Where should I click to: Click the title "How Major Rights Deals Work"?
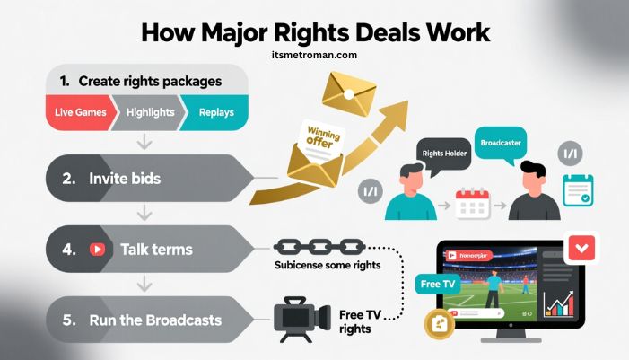point(313,32)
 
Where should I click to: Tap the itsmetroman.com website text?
point(313,56)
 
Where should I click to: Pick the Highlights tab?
point(148,113)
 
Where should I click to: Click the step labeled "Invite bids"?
point(125,179)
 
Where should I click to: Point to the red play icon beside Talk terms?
point(97,250)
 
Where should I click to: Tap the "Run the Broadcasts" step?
point(154,320)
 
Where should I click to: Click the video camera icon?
point(296,320)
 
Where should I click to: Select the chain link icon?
point(319,245)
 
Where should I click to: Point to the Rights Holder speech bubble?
point(443,154)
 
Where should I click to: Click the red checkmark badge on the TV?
point(582,246)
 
